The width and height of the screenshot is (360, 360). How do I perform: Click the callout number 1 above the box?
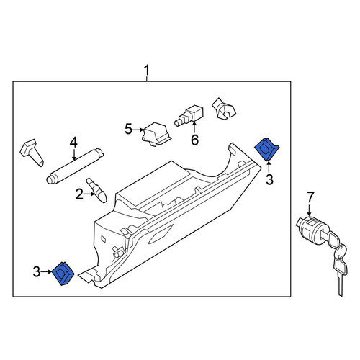tap(146, 71)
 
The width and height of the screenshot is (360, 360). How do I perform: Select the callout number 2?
tap(79, 194)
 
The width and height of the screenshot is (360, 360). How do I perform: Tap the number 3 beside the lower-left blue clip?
tap(37, 271)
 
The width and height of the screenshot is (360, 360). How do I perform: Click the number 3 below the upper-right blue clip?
tap(269, 179)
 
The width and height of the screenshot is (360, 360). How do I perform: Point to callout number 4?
tap(73, 142)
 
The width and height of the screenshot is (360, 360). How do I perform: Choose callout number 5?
tap(129, 129)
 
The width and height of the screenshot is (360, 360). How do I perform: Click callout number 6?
tap(194, 140)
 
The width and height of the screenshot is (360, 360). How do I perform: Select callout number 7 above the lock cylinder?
tap(310, 197)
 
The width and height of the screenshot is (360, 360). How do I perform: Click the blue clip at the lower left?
tap(63, 274)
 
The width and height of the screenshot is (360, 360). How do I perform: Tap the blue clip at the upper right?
tap(266, 149)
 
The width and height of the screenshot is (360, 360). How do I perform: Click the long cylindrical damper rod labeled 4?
tap(75, 166)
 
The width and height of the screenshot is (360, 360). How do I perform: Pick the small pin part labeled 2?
tap(96, 190)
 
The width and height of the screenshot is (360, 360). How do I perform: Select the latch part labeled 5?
tap(156, 134)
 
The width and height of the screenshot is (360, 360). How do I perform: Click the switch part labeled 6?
tap(189, 114)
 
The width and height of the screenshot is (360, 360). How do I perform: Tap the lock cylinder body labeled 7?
tap(310, 228)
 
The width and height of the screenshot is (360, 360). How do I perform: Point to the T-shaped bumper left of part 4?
tap(32, 152)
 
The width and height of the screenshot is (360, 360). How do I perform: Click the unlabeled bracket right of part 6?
tap(224, 109)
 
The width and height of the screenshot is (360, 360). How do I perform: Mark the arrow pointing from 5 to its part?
tap(138, 130)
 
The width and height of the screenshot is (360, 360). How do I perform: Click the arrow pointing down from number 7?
tap(310, 210)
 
